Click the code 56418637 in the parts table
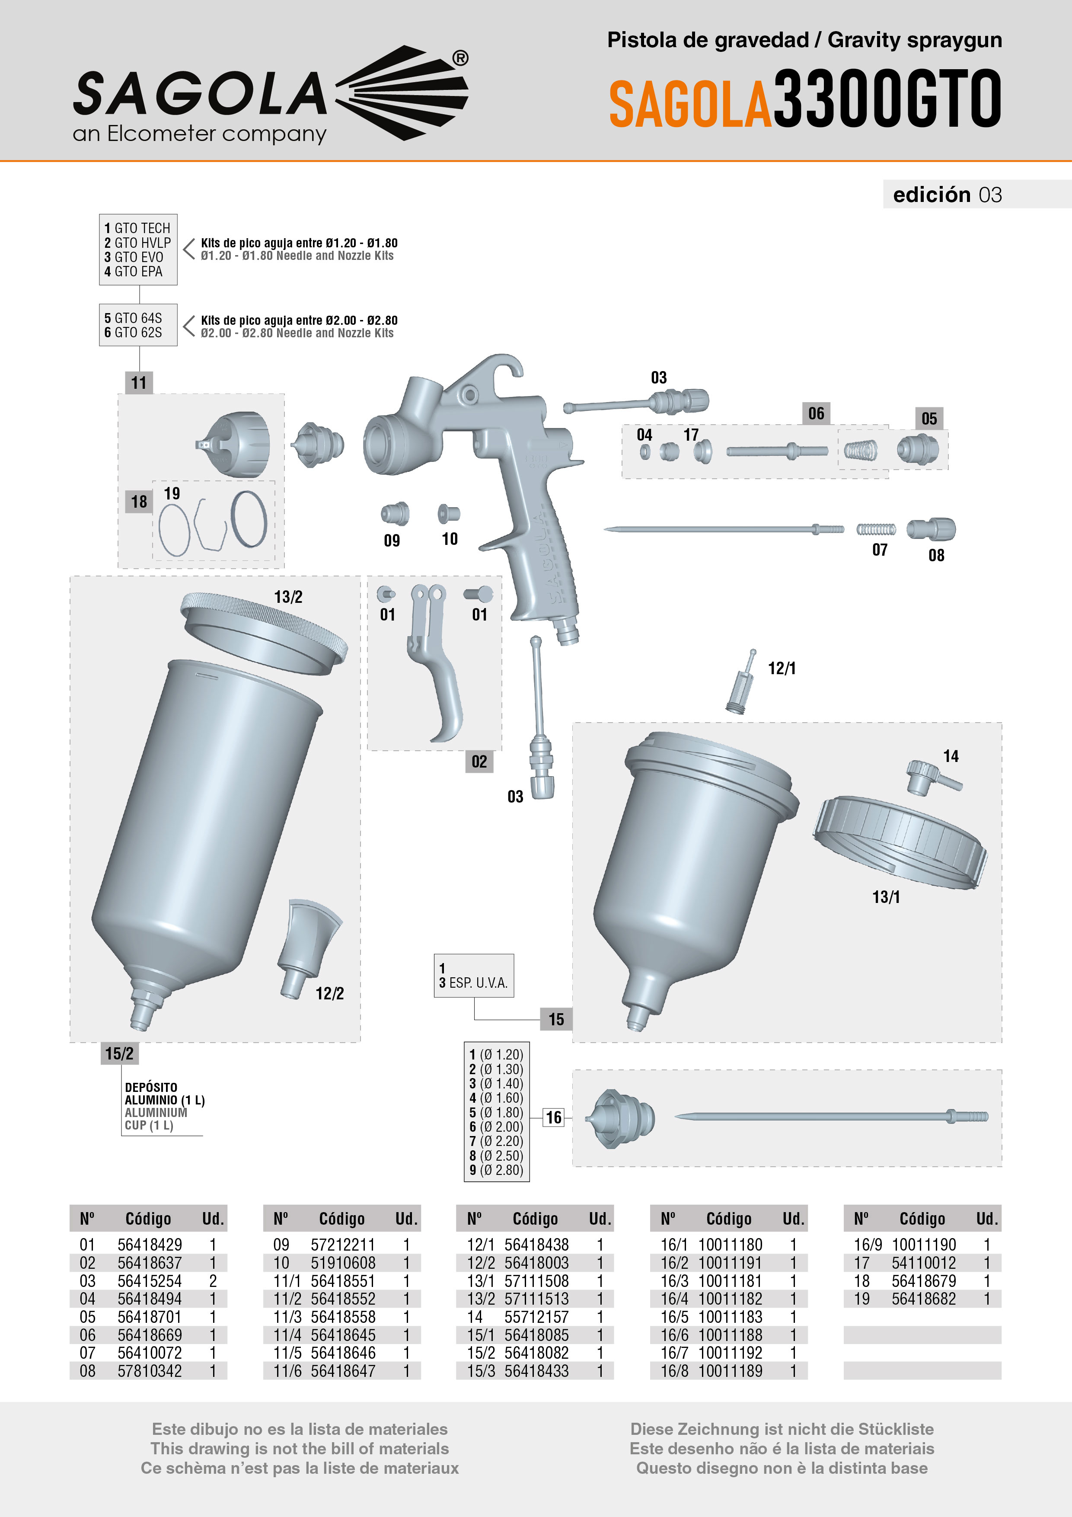point(149,1263)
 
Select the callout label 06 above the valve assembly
point(816,413)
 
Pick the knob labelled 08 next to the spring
point(932,528)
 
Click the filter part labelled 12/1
point(741,684)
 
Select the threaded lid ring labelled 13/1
point(900,842)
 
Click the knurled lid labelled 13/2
point(264,631)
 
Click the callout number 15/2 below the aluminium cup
point(119,1053)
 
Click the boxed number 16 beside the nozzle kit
point(553,1117)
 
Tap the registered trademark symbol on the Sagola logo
point(460,58)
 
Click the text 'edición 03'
point(947,194)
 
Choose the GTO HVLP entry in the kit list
point(137,243)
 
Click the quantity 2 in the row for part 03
point(213,1280)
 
